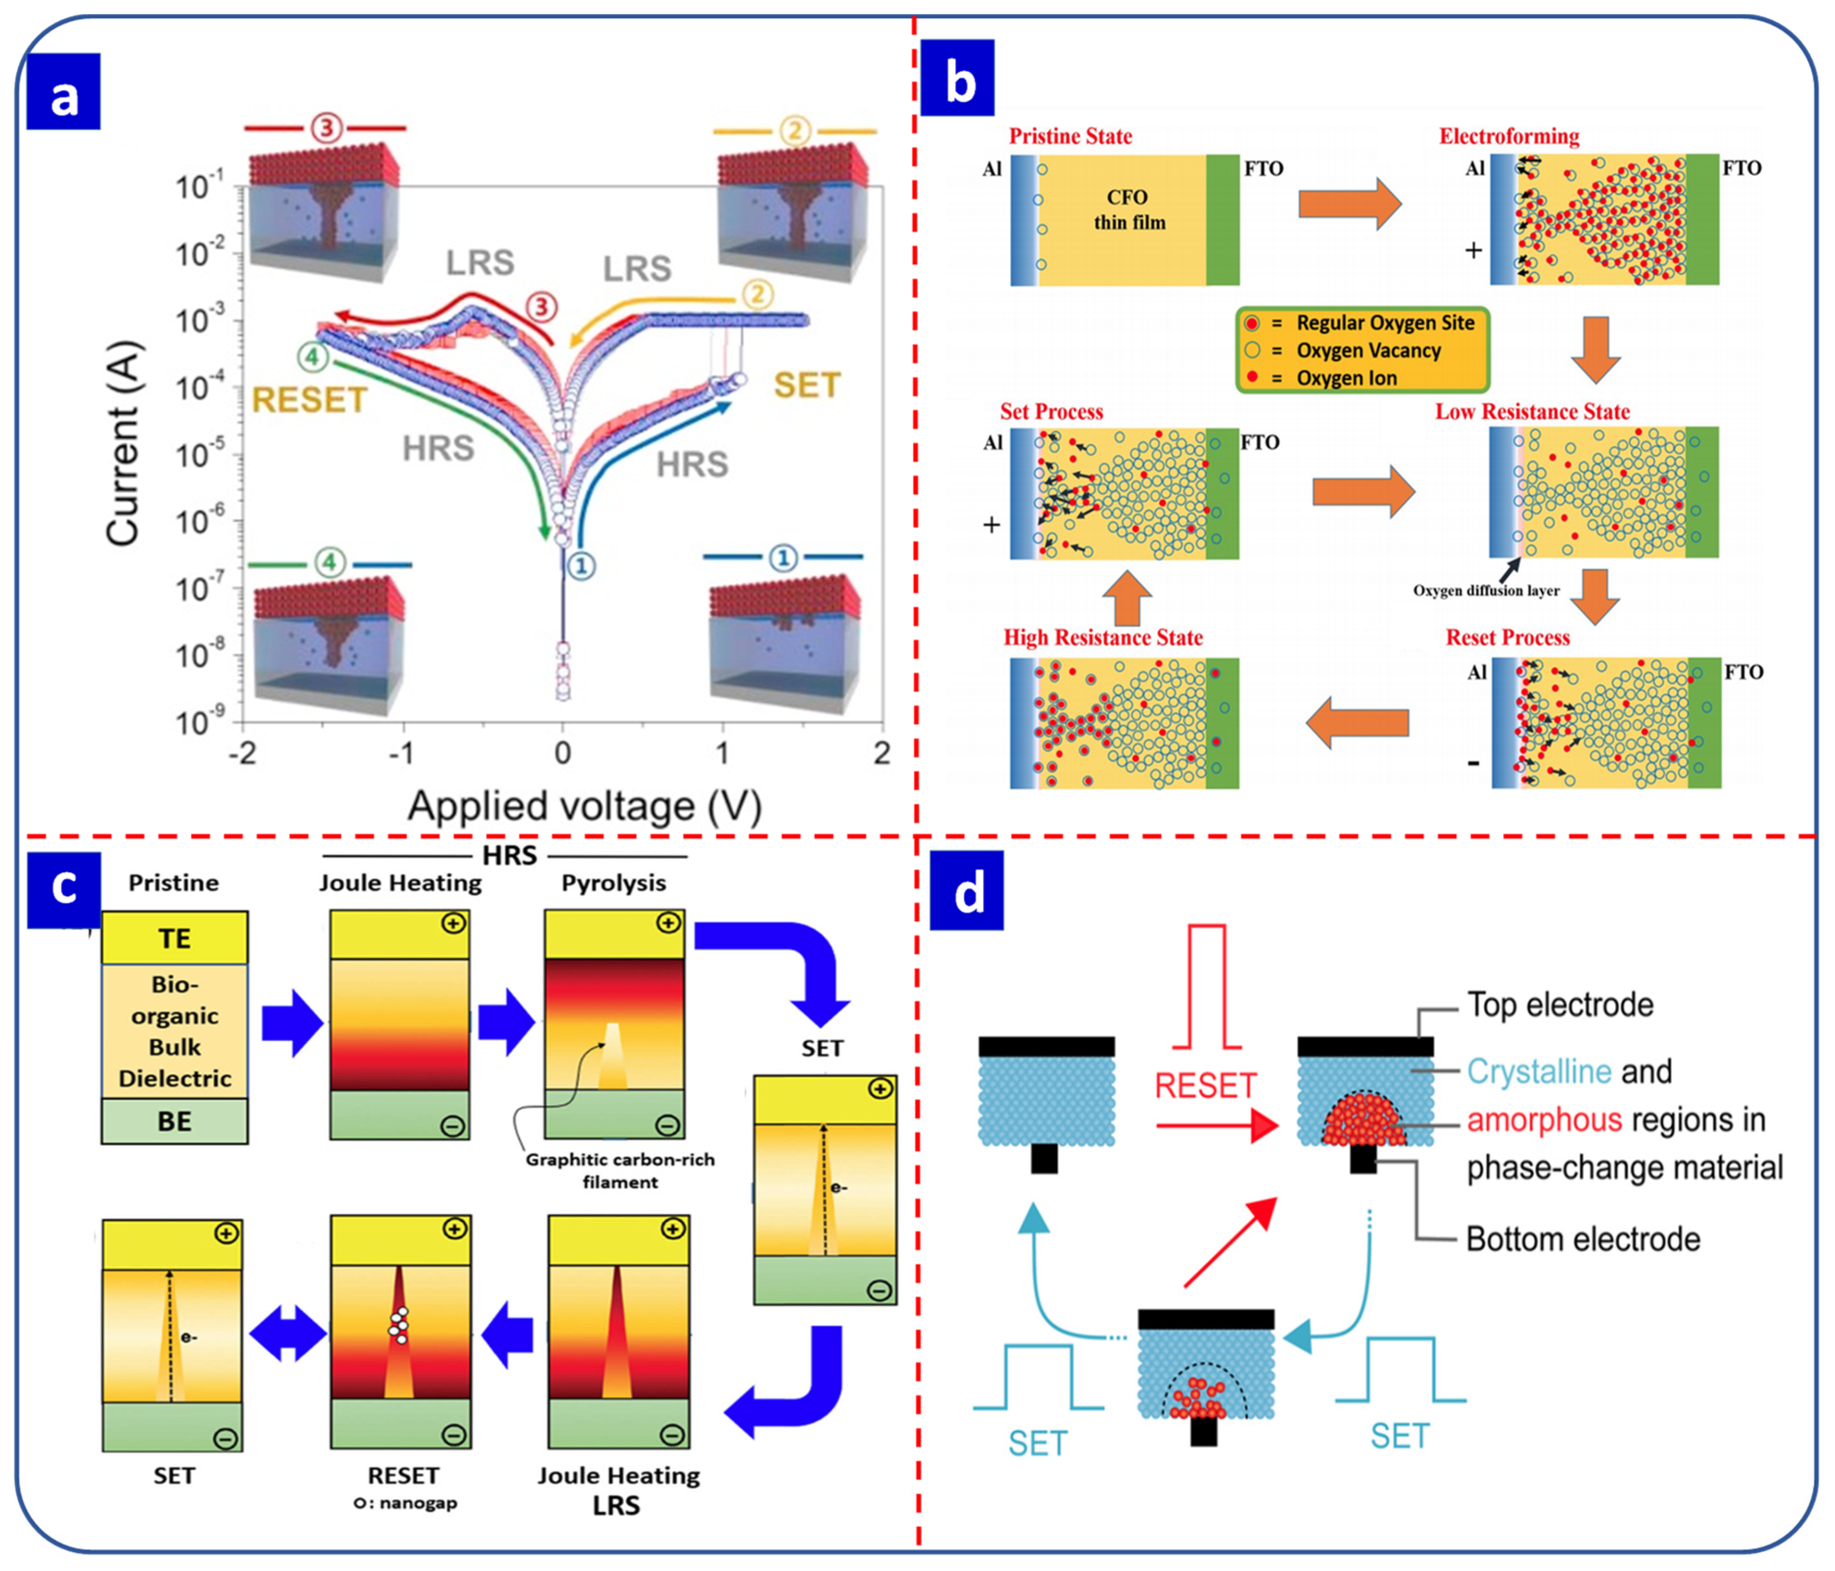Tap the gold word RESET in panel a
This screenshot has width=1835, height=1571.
[309, 400]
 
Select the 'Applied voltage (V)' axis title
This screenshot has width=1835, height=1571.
[584, 807]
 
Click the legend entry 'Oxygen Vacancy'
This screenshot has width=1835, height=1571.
[1368, 350]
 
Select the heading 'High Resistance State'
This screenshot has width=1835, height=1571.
[1102, 638]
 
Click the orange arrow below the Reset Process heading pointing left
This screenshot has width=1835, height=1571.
[1358, 722]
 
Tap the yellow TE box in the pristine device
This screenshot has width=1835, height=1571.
[175, 938]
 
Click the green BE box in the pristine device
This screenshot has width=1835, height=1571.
[175, 1121]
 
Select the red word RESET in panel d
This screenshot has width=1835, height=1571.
[1205, 1086]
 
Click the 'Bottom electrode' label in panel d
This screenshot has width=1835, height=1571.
[1583, 1239]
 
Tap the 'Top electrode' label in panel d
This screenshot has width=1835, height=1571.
[1560, 1005]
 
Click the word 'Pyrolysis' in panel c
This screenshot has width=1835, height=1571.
[613, 883]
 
